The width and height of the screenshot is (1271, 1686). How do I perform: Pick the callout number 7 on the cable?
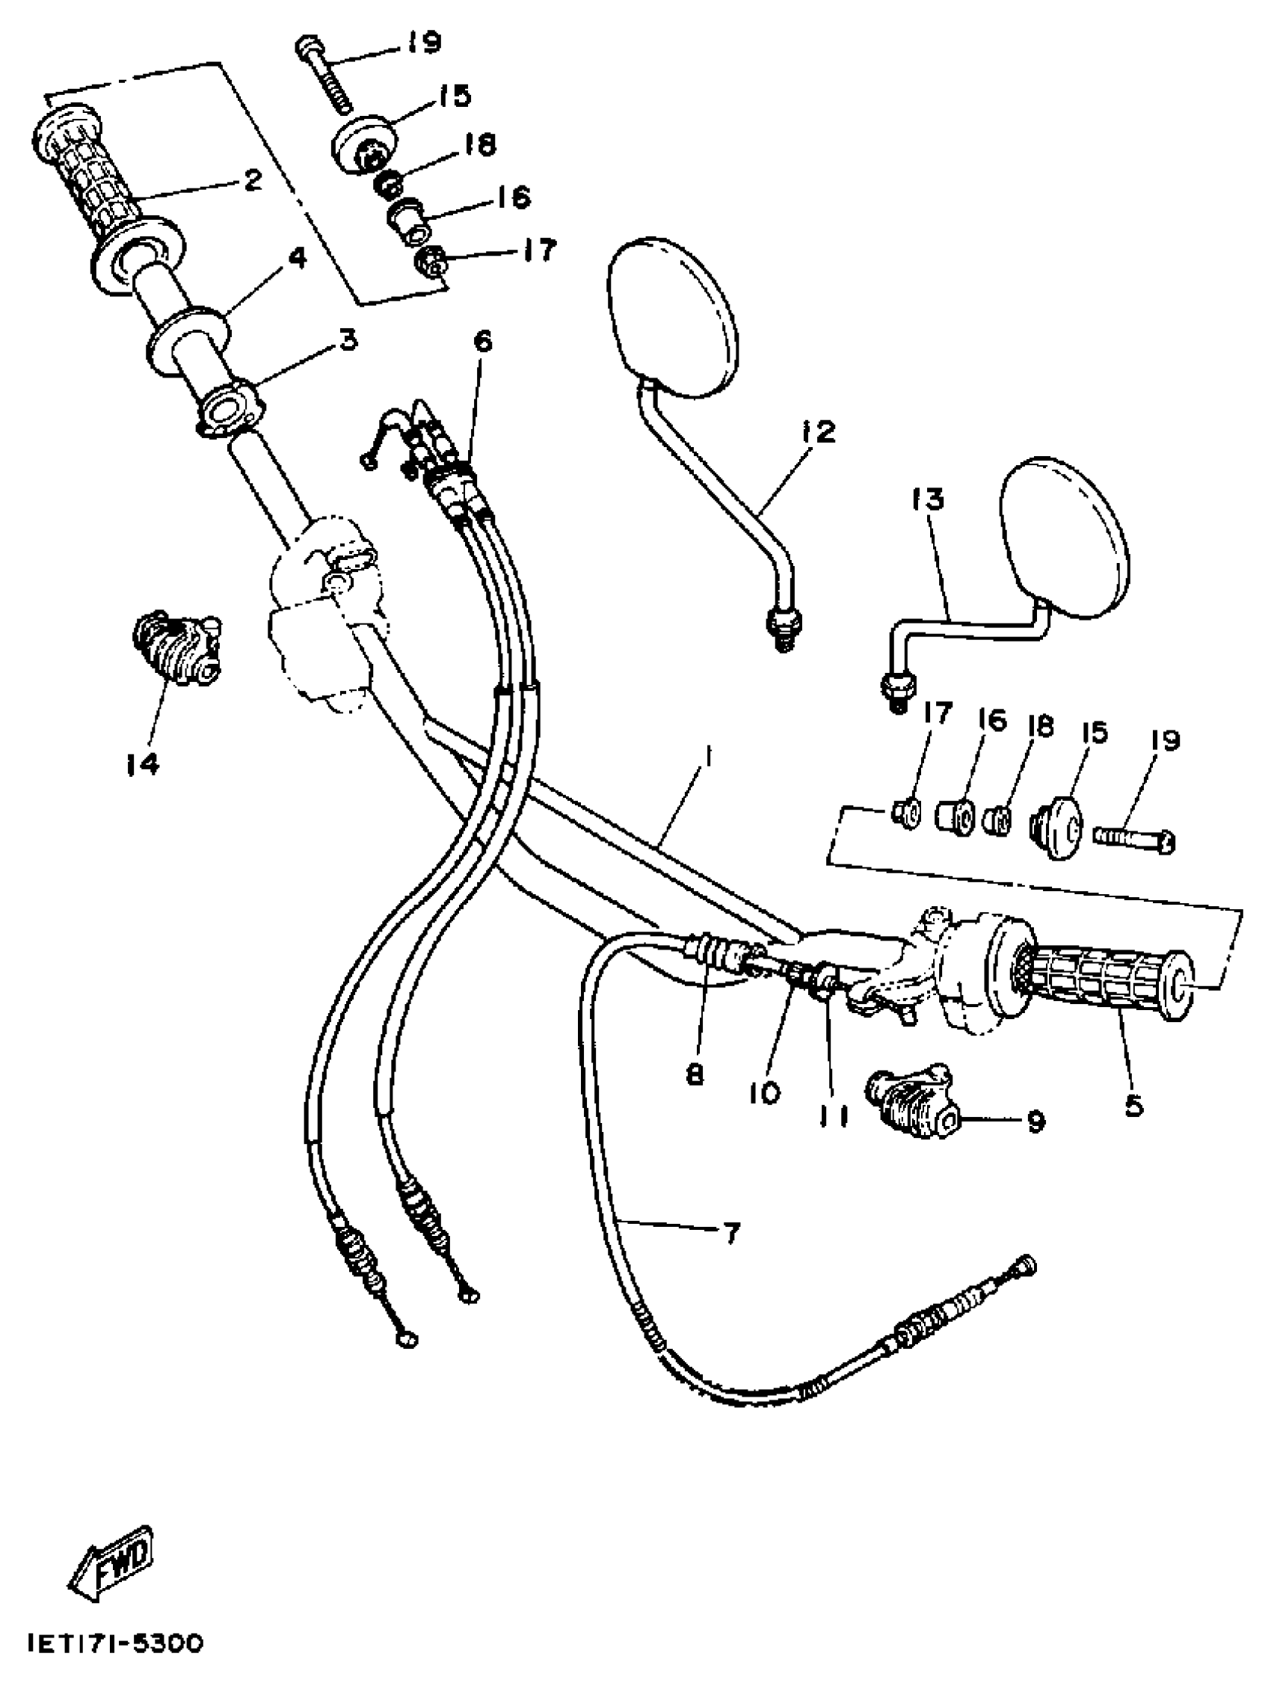pos(730,1232)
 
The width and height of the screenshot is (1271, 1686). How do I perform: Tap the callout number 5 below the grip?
pos(1134,1105)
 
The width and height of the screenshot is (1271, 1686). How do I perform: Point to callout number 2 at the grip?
pos(252,180)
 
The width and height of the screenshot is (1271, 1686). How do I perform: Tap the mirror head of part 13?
pos(1063,532)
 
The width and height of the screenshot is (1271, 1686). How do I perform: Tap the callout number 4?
pos(296,259)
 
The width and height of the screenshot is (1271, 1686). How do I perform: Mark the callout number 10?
pos(764,1094)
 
